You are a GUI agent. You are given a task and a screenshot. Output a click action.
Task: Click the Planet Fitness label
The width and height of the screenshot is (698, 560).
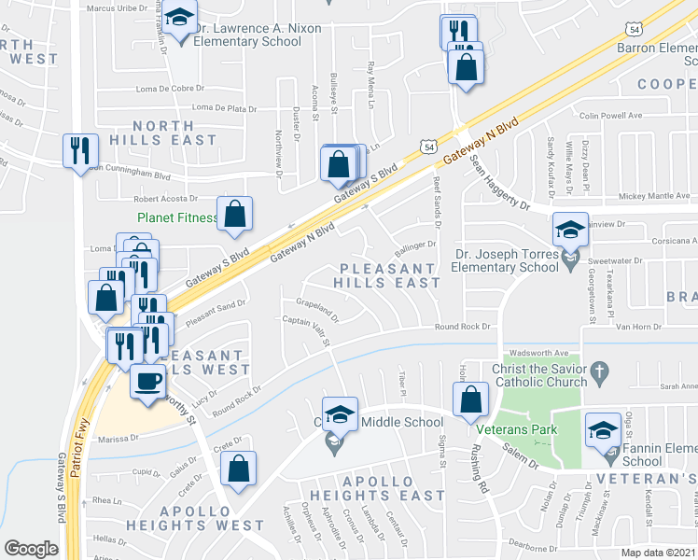pyautogui.click(x=176, y=218)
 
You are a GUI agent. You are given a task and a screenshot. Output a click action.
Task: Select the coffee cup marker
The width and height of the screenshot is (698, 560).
pyautogui.click(x=147, y=381)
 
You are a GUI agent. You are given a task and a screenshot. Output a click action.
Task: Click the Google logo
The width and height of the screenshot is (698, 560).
pyautogui.click(x=31, y=548)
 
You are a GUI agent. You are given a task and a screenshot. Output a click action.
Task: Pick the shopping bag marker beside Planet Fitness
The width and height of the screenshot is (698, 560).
pyautogui.click(x=235, y=213)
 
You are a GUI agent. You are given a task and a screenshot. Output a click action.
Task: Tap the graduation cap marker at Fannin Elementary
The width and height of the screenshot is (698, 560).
pyautogui.click(x=603, y=430)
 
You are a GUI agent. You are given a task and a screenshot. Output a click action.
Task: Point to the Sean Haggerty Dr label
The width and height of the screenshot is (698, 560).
pyautogui.click(x=498, y=183)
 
